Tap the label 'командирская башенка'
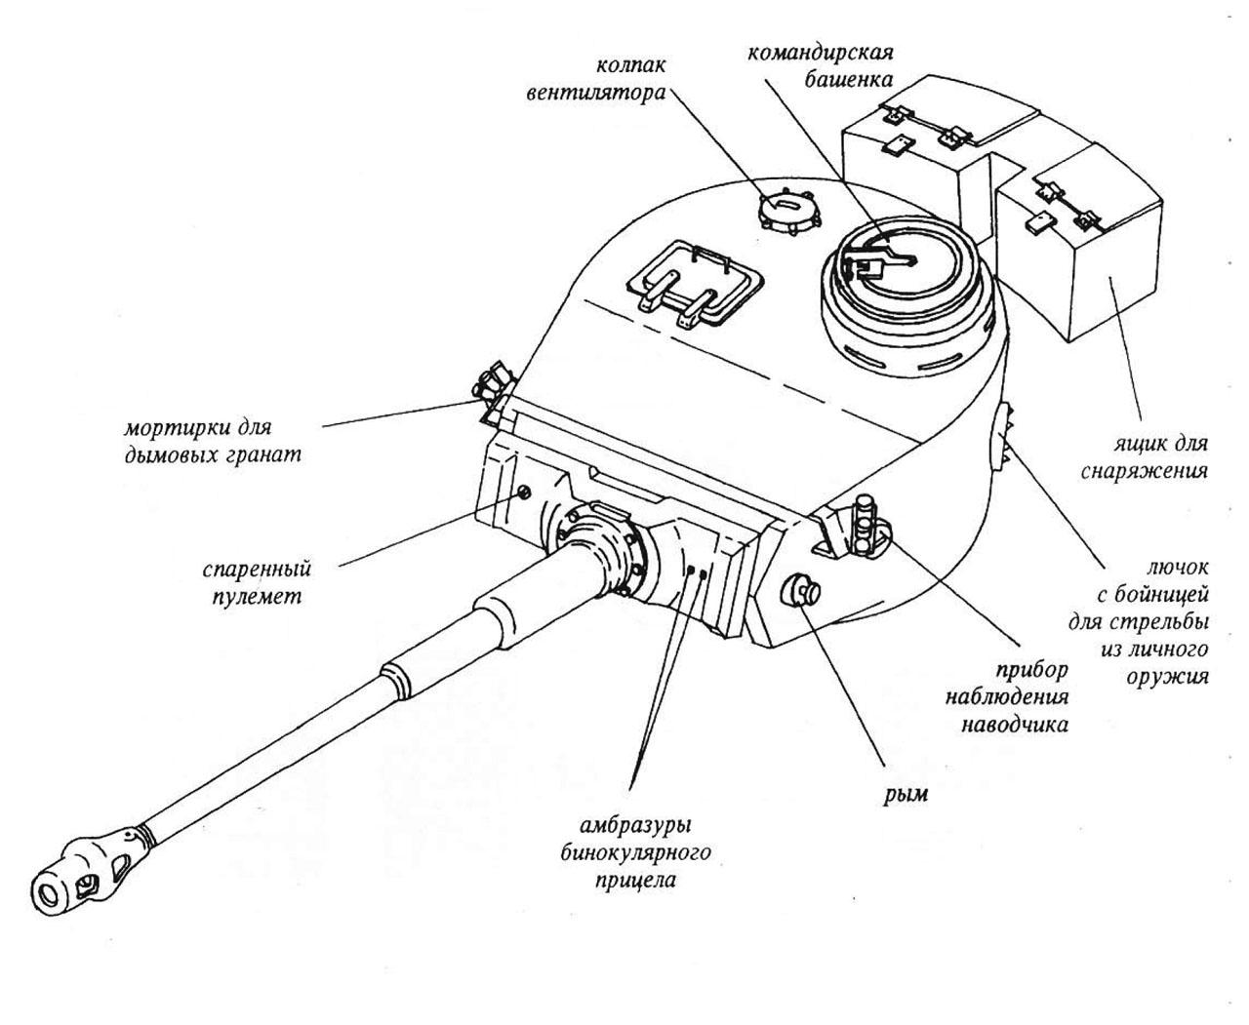pos(821,63)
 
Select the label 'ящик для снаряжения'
pos(1145,456)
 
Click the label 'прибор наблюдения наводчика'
pos(1016,697)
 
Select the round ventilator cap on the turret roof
pos(786,208)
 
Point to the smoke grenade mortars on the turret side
pos(497,386)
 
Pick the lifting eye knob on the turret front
pos(802,589)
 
